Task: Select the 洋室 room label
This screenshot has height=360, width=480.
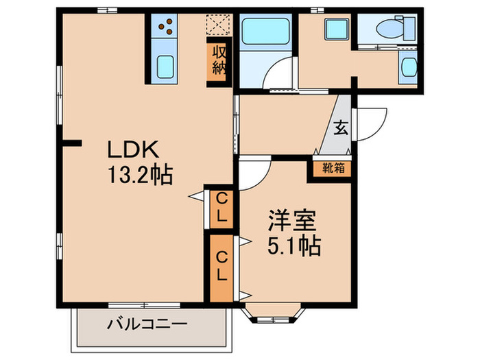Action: (x=291, y=223)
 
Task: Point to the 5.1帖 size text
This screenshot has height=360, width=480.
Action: (x=294, y=246)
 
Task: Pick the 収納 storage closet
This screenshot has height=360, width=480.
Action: (x=219, y=61)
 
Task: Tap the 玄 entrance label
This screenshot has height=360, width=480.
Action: (x=341, y=128)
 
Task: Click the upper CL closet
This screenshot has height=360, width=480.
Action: (x=221, y=206)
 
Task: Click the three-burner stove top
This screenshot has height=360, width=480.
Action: (x=165, y=28)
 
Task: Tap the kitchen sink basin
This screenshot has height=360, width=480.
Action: (x=165, y=67)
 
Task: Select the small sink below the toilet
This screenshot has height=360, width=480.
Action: (x=409, y=67)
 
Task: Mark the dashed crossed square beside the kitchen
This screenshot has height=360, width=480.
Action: (x=218, y=25)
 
